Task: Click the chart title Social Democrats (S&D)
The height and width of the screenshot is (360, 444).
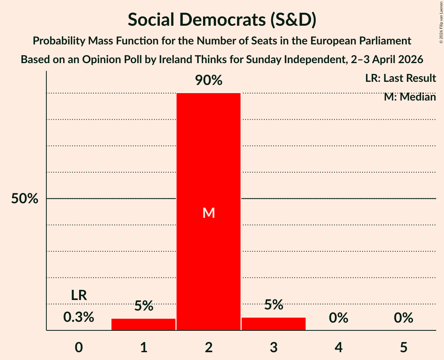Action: pyautogui.click(x=222, y=19)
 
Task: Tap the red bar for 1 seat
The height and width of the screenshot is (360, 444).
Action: pyautogui.click(x=143, y=324)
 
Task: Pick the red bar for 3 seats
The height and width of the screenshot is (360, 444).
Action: pyautogui.click(x=274, y=324)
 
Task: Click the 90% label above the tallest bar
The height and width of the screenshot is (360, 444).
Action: pyautogui.click(x=209, y=81)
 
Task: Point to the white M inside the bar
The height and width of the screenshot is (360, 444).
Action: pyautogui.click(x=209, y=213)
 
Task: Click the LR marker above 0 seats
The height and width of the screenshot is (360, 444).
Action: pyautogui.click(x=79, y=295)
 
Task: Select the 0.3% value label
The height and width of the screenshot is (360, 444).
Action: pyautogui.click(x=79, y=317)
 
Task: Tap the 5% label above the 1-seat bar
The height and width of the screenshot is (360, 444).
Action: pyautogui.click(x=143, y=306)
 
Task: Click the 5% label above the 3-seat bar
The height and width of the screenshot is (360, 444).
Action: pyautogui.click(x=274, y=305)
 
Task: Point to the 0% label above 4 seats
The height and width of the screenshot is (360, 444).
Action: pyautogui.click(x=338, y=318)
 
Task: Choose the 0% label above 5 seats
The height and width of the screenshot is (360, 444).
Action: pyautogui.click(x=403, y=318)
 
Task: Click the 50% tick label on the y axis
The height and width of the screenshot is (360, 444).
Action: pyautogui.click(x=25, y=199)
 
